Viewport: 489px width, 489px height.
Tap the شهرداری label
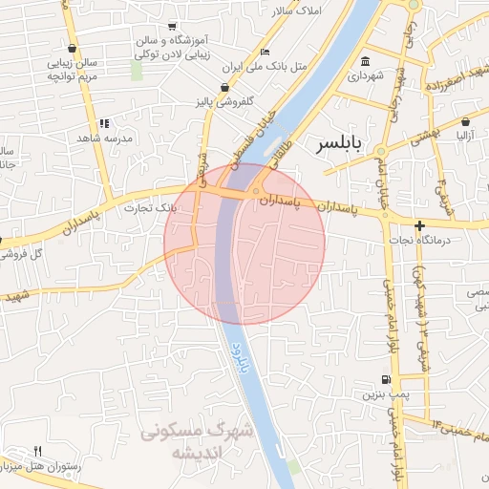[x=365, y=74]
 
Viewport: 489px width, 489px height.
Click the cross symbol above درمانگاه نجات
[x=418, y=226]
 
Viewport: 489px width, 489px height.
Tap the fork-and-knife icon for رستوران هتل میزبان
[x=38, y=450]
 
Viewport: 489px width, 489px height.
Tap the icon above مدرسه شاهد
[x=104, y=123]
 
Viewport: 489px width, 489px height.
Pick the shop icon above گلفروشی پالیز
[x=225, y=87]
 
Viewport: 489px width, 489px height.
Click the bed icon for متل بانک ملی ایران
[x=265, y=52]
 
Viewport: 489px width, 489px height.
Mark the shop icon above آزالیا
[x=464, y=122]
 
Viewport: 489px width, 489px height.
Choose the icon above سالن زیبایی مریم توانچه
[x=73, y=47]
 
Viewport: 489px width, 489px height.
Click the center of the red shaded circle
[x=244, y=244]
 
